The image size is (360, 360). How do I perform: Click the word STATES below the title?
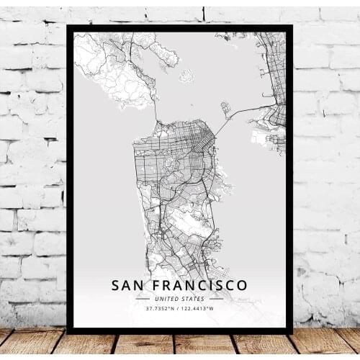(193, 299)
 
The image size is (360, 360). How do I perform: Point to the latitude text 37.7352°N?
(161, 309)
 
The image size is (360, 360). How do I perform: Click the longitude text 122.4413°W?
(199, 309)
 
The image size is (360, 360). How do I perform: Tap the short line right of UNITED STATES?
(217, 299)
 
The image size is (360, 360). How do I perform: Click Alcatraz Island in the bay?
(186, 75)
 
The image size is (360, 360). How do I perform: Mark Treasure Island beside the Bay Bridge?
(225, 109)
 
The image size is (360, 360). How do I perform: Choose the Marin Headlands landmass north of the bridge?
(115, 72)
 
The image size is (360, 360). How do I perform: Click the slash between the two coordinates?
(180, 309)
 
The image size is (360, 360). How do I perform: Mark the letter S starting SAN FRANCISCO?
(116, 285)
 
